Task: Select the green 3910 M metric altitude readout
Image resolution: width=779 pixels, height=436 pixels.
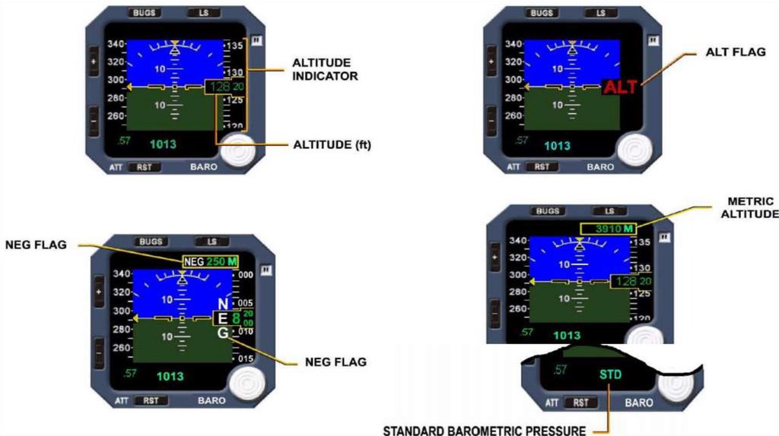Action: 608,229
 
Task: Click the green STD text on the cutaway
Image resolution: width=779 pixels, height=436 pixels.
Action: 610,374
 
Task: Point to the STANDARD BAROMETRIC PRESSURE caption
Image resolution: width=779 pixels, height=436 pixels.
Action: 484,431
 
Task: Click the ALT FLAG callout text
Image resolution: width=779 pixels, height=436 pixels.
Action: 736,52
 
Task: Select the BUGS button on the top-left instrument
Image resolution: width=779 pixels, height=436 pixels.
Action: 142,13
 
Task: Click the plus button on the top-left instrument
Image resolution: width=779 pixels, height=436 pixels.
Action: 94,61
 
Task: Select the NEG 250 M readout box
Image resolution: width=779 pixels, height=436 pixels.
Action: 209,262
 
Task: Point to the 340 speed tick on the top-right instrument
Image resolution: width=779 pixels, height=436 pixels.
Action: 514,44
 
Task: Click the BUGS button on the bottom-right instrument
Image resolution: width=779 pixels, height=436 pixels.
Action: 548,211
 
